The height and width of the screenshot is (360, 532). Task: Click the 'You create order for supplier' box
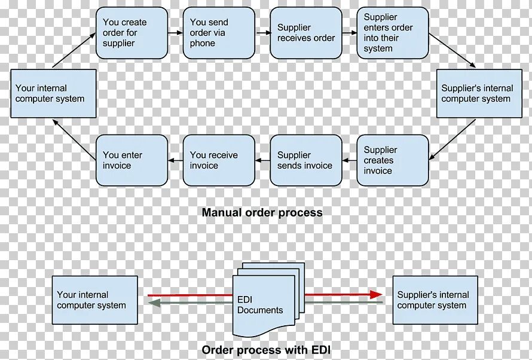[x=132, y=33]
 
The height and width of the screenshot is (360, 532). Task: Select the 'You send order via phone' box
[x=219, y=33]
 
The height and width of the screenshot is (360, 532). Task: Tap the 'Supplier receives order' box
[x=306, y=33]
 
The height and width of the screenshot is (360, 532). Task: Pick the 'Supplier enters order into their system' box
[x=393, y=33]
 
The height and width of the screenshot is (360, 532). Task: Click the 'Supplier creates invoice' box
[x=393, y=160]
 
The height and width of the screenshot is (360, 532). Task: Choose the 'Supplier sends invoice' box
[x=306, y=160]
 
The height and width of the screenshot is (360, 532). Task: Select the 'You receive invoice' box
[x=219, y=160]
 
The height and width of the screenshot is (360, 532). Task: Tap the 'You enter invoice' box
[x=132, y=160]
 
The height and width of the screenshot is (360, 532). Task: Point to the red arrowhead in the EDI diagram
[x=376, y=294]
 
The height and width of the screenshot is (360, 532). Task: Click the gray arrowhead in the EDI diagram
[x=154, y=303]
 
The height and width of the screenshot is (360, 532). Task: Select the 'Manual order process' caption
[x=262, y=212]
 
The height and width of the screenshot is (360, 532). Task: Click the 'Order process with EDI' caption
[x=266, y=350]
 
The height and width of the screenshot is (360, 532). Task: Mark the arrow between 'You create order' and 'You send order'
[x=175, y=33]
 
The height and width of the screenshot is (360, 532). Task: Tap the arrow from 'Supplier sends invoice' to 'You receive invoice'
[x=262, y=160]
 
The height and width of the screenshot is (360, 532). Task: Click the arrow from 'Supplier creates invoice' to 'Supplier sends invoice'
[x=349, y=160]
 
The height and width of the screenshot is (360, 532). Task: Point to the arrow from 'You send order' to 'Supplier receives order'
[x=262, y=33]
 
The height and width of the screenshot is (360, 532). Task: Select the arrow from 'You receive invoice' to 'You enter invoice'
[x=175, y=160]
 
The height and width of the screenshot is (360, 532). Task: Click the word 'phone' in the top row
[x=203, y=43]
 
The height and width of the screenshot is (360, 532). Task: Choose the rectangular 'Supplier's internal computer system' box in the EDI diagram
[x=435, y=300]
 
